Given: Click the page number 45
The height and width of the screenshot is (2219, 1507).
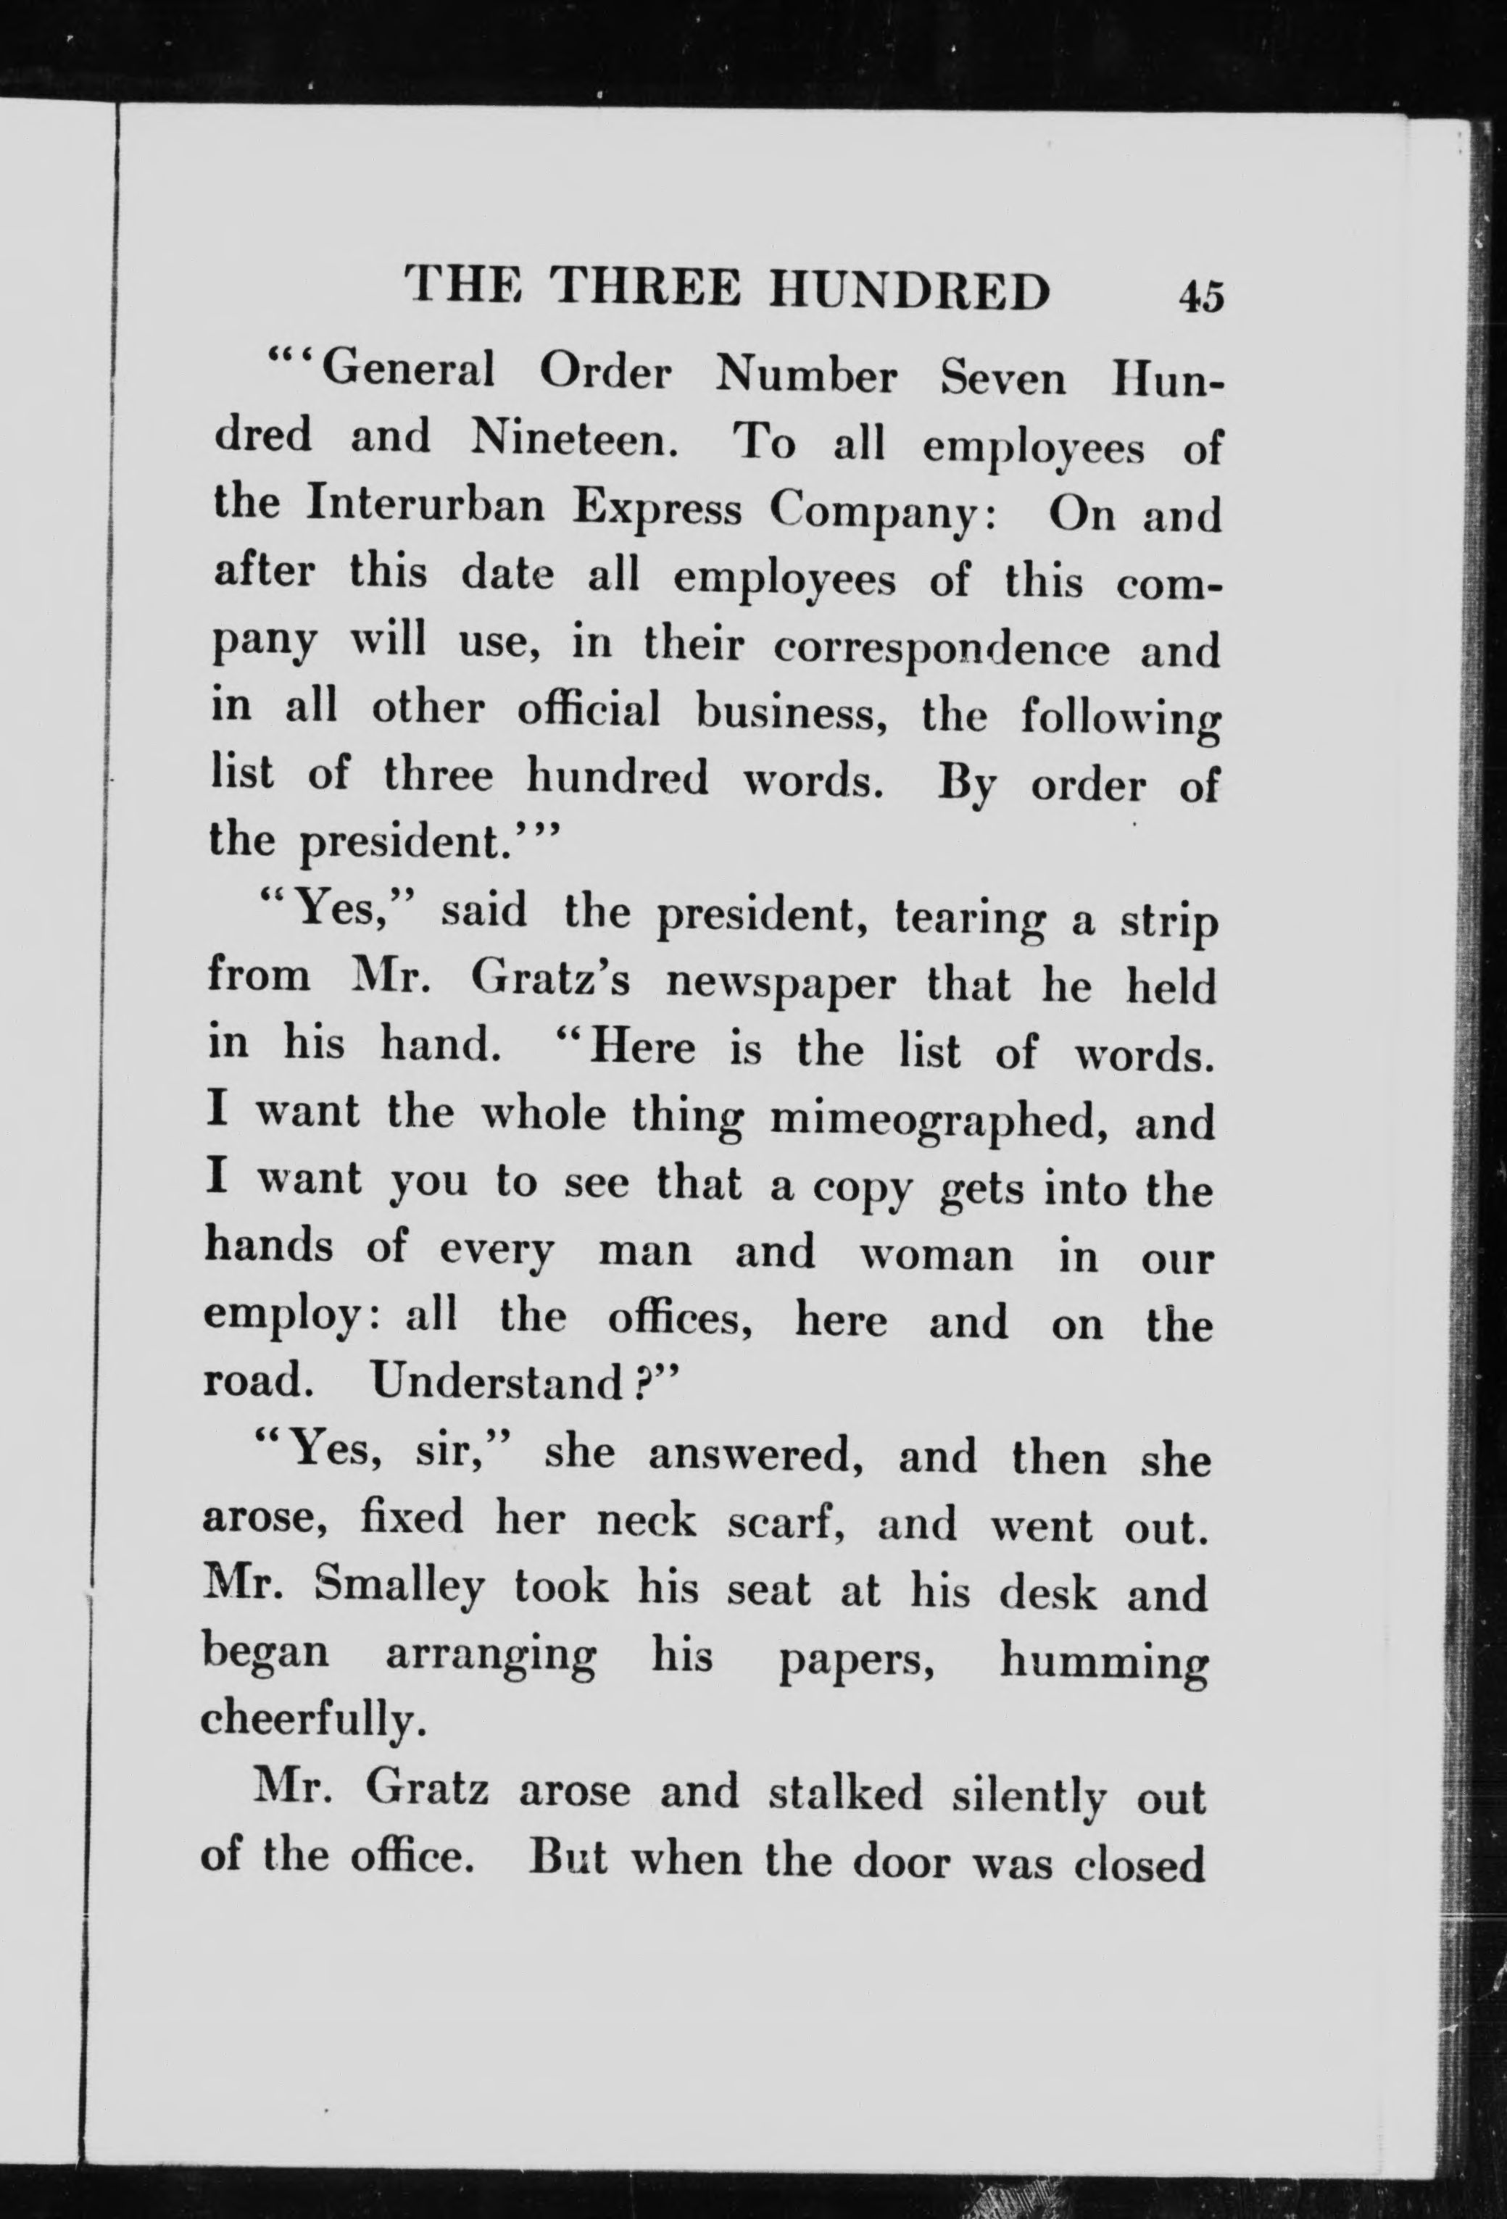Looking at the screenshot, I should click(1200, 297).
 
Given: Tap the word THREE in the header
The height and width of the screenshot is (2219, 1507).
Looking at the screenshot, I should click(647, 288).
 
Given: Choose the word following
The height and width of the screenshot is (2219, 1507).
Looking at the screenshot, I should click(1119, 719).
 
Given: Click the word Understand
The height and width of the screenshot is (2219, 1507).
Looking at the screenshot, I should click(497, 1383).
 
